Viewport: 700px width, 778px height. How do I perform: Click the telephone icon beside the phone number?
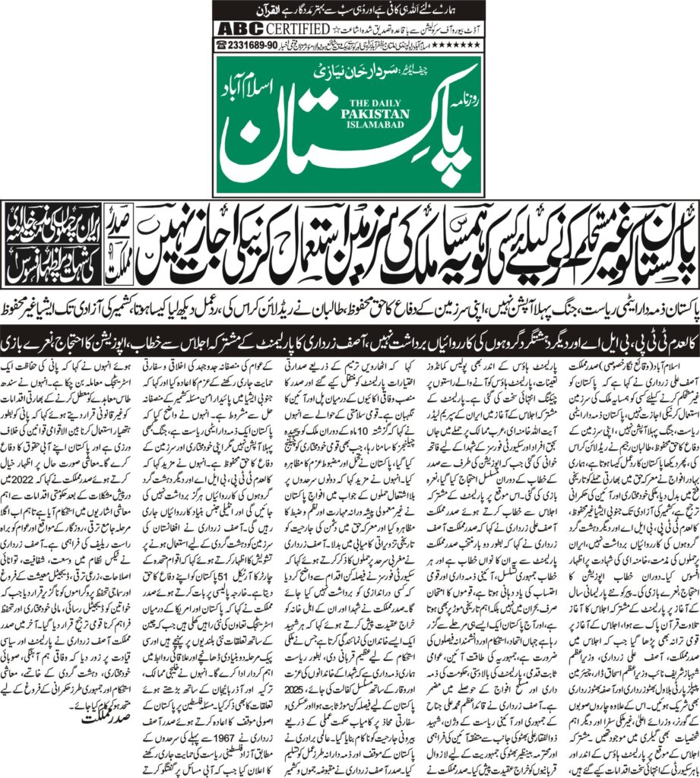tap(221, 45)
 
